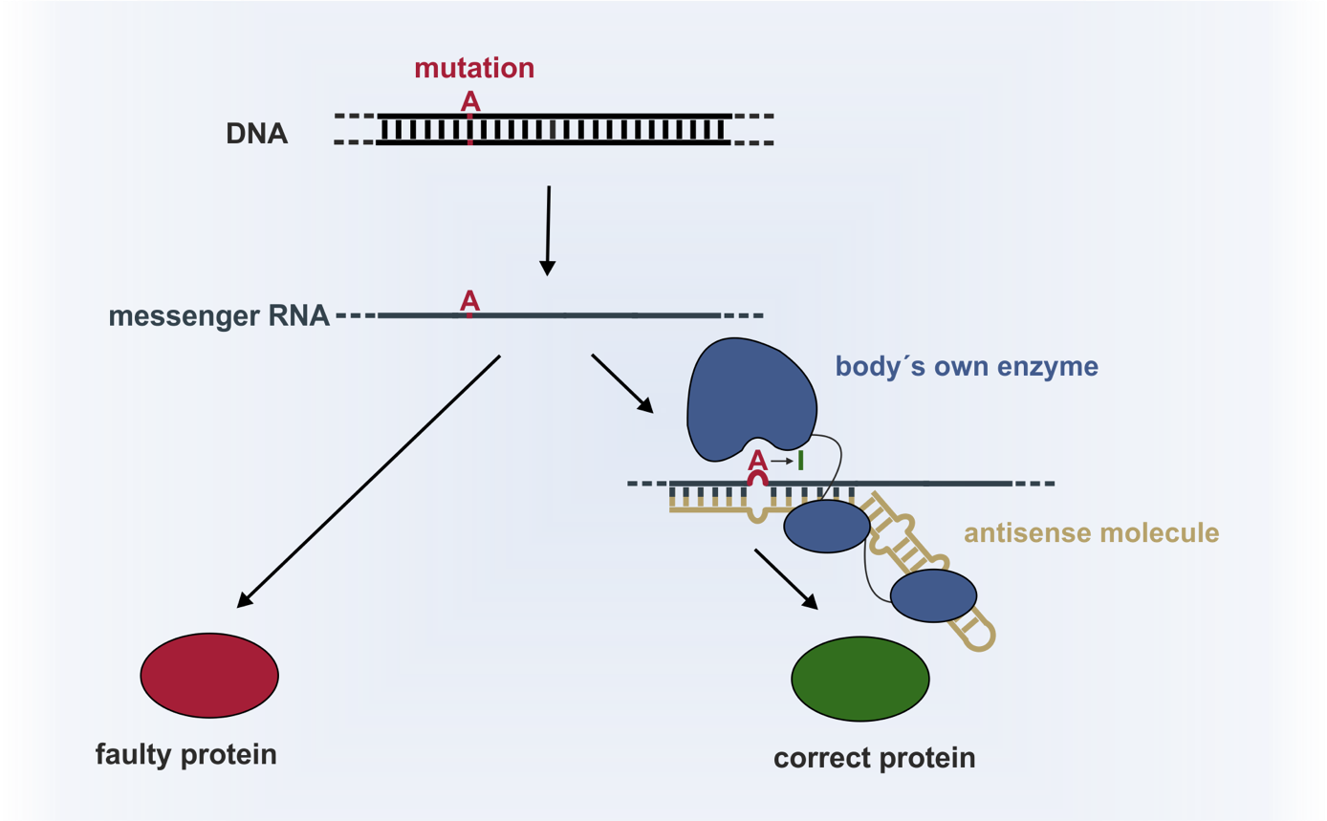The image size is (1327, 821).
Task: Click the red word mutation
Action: pyautogui.click(x=474, y=69)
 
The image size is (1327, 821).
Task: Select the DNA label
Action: pyautogui.click(x=257, y=134)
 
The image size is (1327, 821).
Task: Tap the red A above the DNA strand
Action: pyautogui.click(x=469, y=100)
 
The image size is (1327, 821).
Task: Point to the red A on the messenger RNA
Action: pyautogui.click(x=469, y=301)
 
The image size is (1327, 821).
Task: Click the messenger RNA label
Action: pyautogui.click(x=219, y=315)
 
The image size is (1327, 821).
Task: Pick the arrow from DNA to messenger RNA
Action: pyautogui.click(x=548, y=230)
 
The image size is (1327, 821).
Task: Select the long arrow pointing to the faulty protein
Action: pyautogui.click(x=369, y=481)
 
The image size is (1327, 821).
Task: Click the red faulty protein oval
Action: pyautogui.click(x=209, y=675)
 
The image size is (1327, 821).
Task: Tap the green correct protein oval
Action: pyautogui.click(x=860, y=679)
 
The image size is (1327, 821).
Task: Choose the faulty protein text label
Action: pyautogui.click(x=186, y=754)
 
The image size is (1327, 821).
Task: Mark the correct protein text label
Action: pyautogui.click(x=875, y=758)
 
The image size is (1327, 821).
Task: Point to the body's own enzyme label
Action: pyautogui.click(x=967, y=366)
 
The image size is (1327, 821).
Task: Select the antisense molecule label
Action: pyautogui.click(x=1092, y=532)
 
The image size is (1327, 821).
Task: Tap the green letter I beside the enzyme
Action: pyautogui.click(x=800, y=461)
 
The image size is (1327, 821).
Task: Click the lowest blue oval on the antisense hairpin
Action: pyautogui.click(x=933, y=595)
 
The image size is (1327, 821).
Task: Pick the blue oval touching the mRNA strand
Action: pyautogui.click(x=827, y=526)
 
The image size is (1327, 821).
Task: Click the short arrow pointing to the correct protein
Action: pyautogui.click(x=786, y=579)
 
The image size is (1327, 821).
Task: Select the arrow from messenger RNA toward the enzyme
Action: pyautogui.click(x=622, y=383)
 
